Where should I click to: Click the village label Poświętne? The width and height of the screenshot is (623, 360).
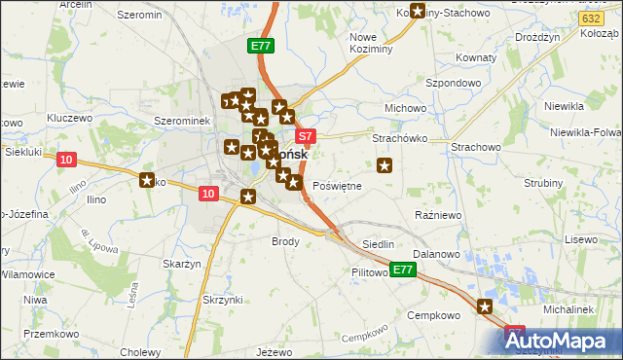point(338,185)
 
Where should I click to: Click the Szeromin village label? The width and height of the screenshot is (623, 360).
point(139,16)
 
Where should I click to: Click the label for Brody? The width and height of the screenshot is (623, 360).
point(285,240)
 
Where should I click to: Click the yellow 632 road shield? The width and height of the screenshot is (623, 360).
point(589,18)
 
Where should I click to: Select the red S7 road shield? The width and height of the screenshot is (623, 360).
point(306,137)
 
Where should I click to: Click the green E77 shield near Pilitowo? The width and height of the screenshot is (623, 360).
point(404,270)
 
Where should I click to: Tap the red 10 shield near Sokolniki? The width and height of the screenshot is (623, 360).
point(66,160)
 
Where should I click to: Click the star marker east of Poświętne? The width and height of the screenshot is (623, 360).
point(385,165)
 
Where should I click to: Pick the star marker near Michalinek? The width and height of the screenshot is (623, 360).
point(485,307)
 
